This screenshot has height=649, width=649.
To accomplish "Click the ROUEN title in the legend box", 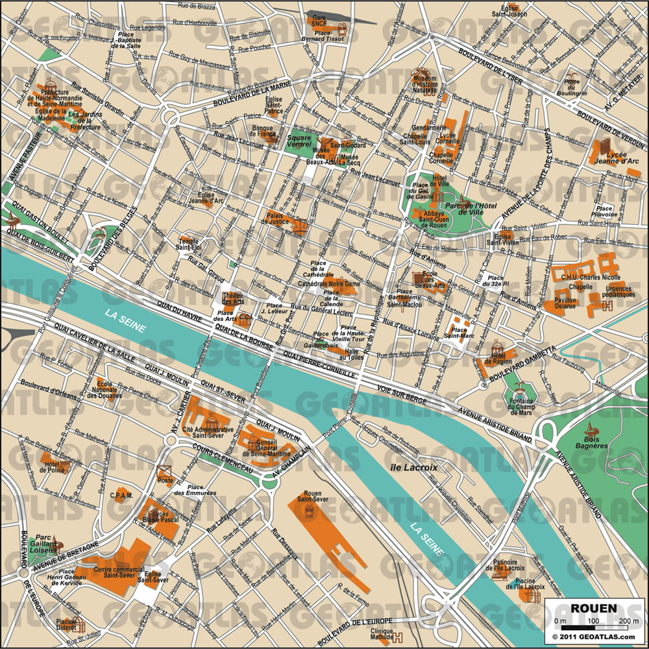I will tap(594, 609).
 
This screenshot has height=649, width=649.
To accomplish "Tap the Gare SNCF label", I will tap(318, 22).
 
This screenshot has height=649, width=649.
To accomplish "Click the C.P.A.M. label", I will tap(121, 497).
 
